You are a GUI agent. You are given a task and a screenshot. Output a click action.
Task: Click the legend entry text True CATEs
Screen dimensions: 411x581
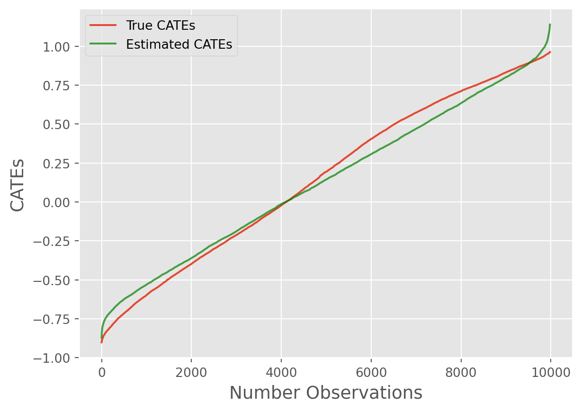(160, 26)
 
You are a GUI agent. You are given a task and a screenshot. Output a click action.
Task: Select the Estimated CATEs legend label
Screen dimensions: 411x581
(179, 44)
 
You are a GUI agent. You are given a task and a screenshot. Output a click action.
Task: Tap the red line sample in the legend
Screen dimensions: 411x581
(103, 26)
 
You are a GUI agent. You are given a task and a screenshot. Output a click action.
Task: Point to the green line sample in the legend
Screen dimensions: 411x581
(103, 44)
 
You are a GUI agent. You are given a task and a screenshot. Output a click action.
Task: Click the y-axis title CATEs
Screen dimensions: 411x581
(18, 185)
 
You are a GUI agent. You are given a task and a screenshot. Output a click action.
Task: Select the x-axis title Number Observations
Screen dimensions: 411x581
(326, 393)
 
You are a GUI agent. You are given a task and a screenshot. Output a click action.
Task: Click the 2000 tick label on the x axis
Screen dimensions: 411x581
(191, 371)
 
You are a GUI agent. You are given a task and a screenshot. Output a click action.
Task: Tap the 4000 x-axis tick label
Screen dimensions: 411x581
(281, 371)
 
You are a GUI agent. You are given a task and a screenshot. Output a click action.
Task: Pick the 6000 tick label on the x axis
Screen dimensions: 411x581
(371, 371)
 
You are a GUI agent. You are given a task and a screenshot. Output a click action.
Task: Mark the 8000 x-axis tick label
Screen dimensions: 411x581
(461, 371)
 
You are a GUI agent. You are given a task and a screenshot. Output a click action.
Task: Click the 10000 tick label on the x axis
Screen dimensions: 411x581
(551, 371)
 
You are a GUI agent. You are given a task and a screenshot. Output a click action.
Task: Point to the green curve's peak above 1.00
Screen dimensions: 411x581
(550, 25)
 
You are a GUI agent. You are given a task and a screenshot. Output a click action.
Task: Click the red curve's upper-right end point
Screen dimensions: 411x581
(550, 52)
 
